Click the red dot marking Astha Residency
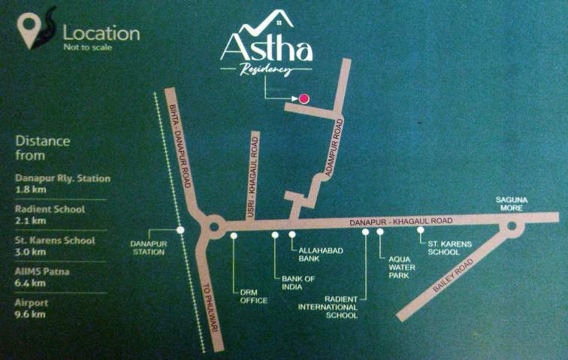pyautogui.click(x=304, y=98)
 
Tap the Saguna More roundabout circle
pyautogui.click(x=512, y=226)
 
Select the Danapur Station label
pyautogui.click(x=147, y=247)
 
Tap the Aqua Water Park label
pyautogui.click(x=399, y=268)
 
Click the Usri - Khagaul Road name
pyautogui.click(x=255, y=180)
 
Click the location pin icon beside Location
pyautogui.click(x=31, y=32)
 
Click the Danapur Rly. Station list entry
pyautogui.click(x=62, y=178)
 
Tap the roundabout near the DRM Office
pyautogui.click(x=213, y=225)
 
